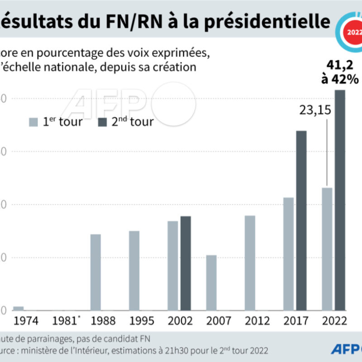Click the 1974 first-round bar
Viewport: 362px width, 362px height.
18,309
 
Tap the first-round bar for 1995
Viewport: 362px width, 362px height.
134,271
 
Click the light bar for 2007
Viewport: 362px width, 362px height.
211,283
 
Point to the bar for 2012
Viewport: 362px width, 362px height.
250,263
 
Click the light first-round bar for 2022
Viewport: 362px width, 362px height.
327,249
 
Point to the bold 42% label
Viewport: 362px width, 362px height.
347,79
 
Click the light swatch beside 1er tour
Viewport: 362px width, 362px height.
33,122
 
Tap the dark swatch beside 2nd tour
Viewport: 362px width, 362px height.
102,122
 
